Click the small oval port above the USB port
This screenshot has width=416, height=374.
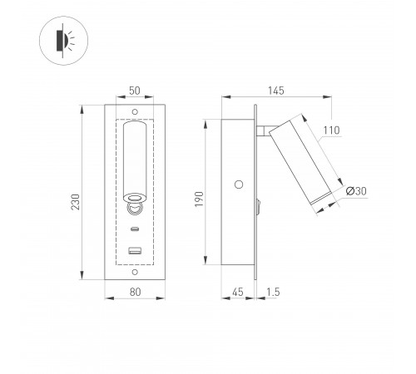134,228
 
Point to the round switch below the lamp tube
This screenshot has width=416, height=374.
134,200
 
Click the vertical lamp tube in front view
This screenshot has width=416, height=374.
134,158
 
